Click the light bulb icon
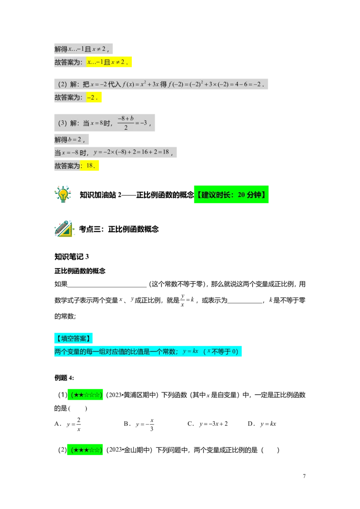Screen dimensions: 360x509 point(63,194)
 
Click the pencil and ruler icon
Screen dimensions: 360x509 point(64,228)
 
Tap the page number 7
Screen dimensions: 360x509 point(304,476)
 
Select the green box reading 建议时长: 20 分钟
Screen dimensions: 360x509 point(231,194)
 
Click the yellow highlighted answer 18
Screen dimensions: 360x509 point(90,165)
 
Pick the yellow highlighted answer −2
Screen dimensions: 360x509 point(94,97)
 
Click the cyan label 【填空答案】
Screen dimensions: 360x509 point(73,338)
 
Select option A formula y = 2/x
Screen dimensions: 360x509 point(74,424)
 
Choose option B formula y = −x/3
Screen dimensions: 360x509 point(145,424)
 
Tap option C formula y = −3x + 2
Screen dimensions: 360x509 point(213,424)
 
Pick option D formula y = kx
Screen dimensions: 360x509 point(268,424)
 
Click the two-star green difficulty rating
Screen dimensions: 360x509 point(85,394)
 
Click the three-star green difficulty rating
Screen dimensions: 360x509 point(85,450)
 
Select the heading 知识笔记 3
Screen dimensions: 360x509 point(72,257)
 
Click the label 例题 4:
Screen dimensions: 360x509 point(64,378)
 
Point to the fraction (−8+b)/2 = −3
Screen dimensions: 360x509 point(132,123)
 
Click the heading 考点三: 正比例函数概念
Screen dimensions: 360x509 point(119,229)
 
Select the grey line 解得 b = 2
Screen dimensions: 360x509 point(72,139)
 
